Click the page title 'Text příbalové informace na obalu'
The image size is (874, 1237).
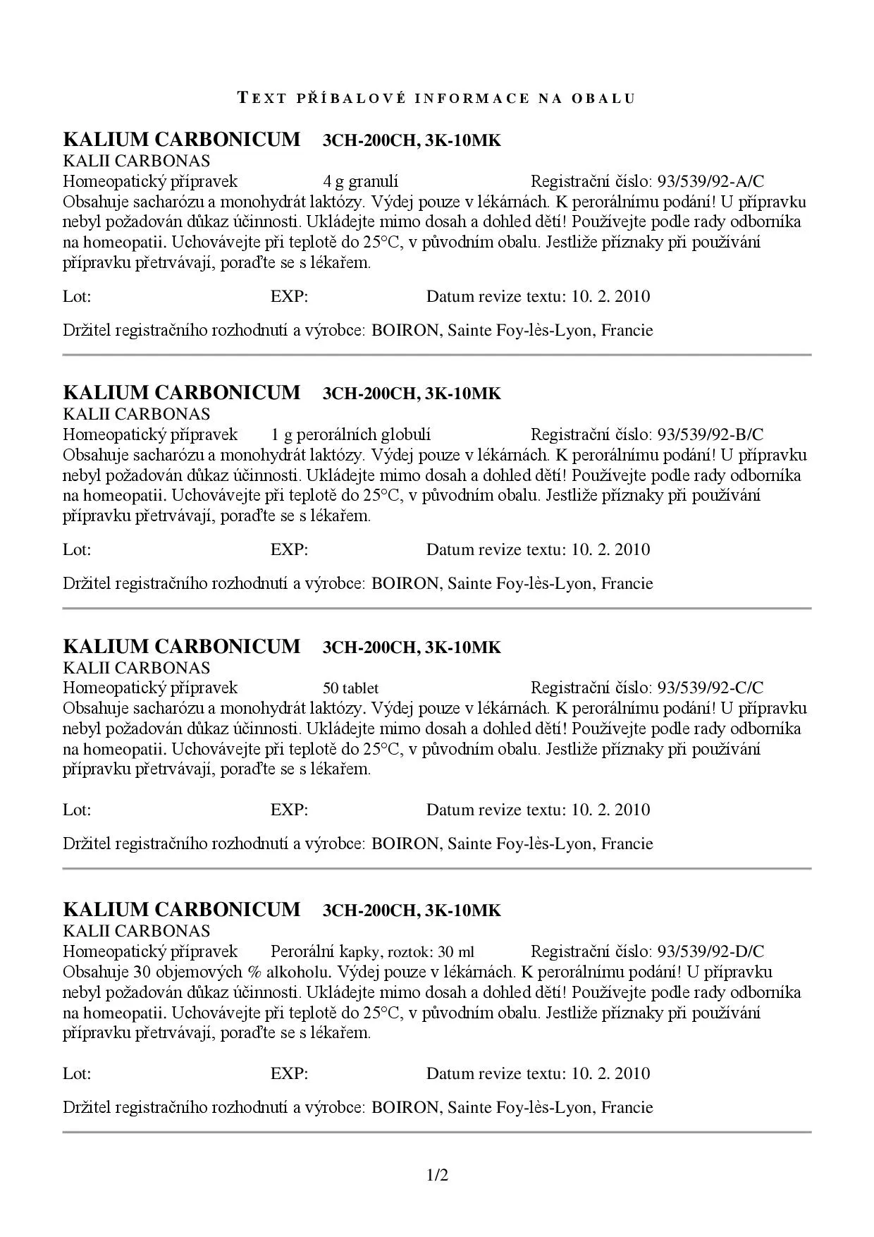pyautogui.click(x=437, y=98)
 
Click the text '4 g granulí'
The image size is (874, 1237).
pyautogui.click(x=360, y=182)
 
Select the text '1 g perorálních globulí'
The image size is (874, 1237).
pyautogui.click(x=350, y=434)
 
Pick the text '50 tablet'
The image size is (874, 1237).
pyautogui.click(x=350, y=688)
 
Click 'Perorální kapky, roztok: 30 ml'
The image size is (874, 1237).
pyautogui.click(x=372, y=951)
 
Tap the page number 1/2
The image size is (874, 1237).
pyautogui.click(x=437, y=1175)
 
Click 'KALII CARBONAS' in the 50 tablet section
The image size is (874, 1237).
pyautogui.click(x=137, y=667)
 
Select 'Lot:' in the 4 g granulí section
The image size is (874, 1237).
pyautogui.click(x=77, y=296)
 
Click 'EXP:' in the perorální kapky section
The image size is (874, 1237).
pyautogui.click(x=289, y=1073)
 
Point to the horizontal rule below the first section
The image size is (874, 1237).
pyautogui.click(x=437, y=355)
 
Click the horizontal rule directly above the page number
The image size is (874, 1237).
pyautogui.click(x=437, y=1132)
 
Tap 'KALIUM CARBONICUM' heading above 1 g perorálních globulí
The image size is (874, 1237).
pyautogui.click(x=182, y=393)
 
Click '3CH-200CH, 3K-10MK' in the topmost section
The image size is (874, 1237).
pyautogui.click(x=412, y=141)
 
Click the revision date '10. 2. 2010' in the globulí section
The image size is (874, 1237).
pyautogui.click(x=610, y=549)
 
